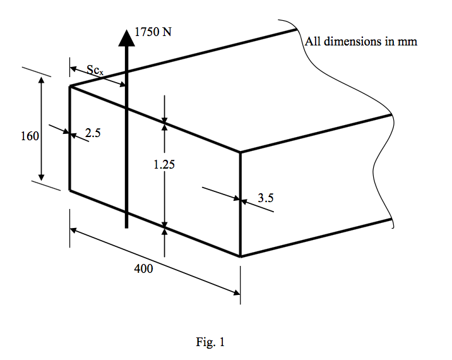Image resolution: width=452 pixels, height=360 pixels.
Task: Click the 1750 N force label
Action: [x=153, y=32]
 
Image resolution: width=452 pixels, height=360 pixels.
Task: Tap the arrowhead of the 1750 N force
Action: [x=127, y=37]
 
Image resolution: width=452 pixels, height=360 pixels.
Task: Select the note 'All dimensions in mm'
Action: [x=360, y=42]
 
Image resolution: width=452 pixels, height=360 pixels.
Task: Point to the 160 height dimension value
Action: [x=30, y=135]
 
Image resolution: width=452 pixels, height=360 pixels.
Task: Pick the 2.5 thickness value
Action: [x=93, y=133]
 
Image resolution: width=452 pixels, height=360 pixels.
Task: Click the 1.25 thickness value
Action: [x=164, y=165]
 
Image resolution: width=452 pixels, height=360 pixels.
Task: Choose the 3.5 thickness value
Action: [x=266, y=198]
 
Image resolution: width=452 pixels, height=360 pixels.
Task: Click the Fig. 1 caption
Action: [x=211, y=343]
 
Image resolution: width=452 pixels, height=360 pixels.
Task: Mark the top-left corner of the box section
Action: [x=69, y=86]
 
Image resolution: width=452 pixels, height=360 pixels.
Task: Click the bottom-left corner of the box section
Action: [x=69, y=190]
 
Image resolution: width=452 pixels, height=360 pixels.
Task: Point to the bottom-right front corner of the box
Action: [x=241, y=256]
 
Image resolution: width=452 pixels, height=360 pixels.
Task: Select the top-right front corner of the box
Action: [x=241, y=152]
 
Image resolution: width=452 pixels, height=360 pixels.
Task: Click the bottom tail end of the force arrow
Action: [x=127, y=227]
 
